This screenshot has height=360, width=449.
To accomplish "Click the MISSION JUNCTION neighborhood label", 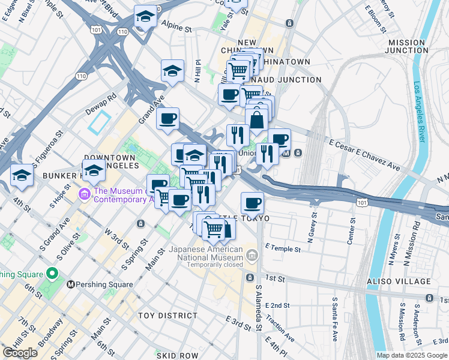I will pos(416,46).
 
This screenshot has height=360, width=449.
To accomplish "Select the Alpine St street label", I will pos(175,28).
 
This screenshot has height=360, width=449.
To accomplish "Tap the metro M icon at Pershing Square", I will pos(71,284).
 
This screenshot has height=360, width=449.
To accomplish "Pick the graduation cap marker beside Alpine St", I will pos(145,17).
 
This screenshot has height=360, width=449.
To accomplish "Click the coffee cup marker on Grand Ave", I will pos(168,118).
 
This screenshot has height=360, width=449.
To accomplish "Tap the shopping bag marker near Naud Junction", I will pos(256,119).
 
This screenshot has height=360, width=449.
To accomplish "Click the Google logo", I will pos(20,352).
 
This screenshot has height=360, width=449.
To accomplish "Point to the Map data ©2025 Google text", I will pos(412,355).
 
